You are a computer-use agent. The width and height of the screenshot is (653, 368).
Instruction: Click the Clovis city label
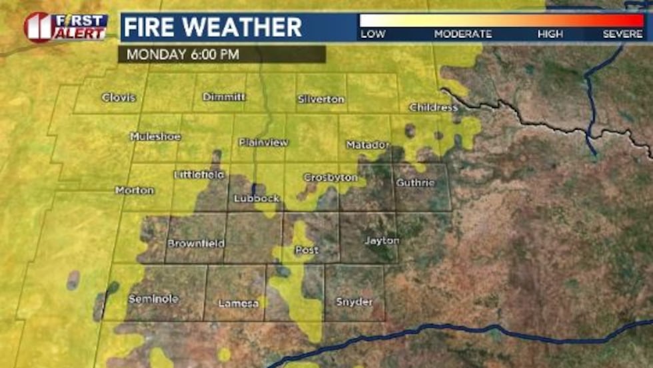[x=119, y=98]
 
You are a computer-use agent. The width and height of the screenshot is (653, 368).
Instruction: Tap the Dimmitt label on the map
[x=223, y=97]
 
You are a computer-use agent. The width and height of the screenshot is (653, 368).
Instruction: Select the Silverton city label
[x=322, y=99]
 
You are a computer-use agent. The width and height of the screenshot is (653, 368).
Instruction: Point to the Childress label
[x=433, y=107]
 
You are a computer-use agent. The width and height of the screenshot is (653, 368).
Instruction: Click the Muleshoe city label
[x=155, y=136]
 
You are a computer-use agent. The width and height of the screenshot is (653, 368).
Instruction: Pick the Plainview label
[x=263, y=142]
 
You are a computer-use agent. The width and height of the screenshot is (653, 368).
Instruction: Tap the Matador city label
[x=368, y=144]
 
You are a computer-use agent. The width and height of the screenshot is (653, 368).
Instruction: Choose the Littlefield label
[x=199, y=175]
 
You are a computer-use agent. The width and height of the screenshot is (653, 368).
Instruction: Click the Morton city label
[x=135, y=190]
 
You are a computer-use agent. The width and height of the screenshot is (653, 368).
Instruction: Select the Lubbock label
[x=257, y=198]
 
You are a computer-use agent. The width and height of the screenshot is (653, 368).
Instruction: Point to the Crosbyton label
[x=330, y=178]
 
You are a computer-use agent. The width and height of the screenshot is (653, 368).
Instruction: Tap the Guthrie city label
[x=415, y=182]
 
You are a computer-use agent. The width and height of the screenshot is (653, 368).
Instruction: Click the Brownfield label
[x=195, y=244]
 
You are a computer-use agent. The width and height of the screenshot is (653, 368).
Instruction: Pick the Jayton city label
[x=382, y=240]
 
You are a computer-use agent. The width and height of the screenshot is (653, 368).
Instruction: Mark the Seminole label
[x=153, y=299]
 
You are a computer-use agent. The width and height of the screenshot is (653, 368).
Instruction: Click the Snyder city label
[x=354, y=302]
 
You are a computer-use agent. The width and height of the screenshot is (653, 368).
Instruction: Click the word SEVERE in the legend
[x=623, y=34]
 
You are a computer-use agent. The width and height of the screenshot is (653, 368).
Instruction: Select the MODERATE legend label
[x=462, y=34]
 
